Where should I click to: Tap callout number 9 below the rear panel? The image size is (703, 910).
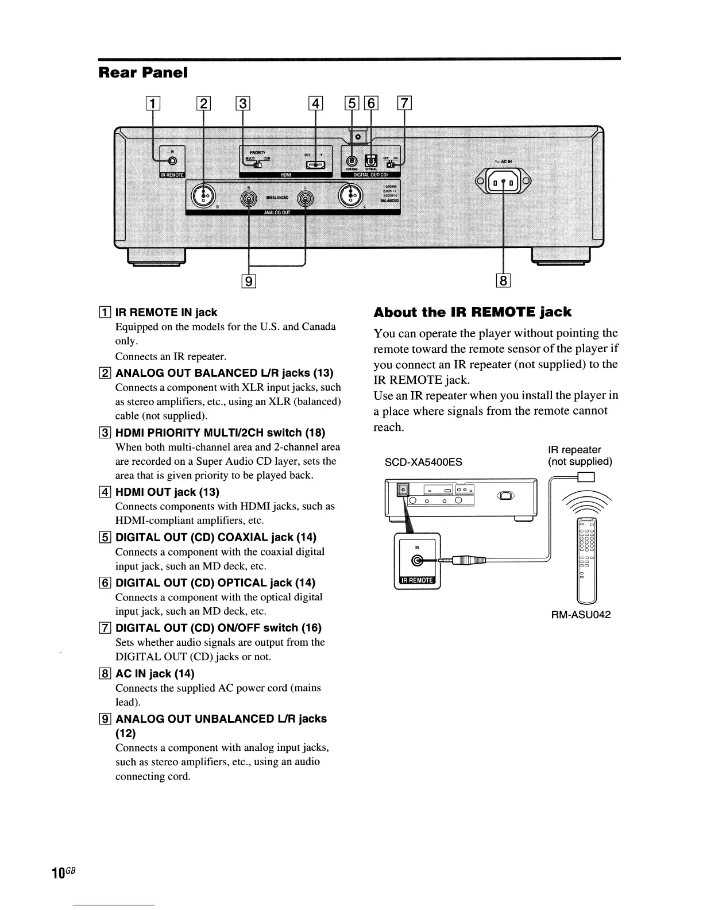248,281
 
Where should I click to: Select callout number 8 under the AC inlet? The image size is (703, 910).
503,281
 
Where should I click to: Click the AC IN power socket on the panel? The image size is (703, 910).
503,182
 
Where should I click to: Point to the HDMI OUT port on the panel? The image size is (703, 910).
316,165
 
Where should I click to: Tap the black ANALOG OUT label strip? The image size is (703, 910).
277,211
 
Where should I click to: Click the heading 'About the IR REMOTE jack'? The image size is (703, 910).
472,313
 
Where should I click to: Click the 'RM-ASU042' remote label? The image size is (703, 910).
581,615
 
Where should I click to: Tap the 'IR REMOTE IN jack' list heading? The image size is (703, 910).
166,313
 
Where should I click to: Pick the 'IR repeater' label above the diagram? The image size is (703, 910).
574,450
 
